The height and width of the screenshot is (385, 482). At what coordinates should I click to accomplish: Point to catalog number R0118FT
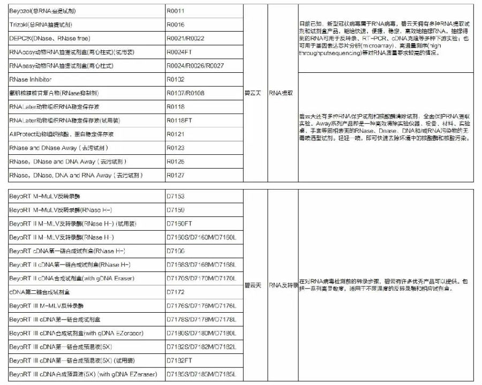pos(179,120)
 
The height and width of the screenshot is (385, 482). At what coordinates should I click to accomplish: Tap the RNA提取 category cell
pos(282,93)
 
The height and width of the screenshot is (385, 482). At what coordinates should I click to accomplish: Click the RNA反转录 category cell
pos(283,285)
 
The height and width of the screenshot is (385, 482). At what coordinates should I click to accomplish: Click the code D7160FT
pos(179,223)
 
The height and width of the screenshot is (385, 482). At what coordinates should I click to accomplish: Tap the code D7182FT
pos(179,360)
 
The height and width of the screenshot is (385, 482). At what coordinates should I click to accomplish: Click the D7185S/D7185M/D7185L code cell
pos(201,374)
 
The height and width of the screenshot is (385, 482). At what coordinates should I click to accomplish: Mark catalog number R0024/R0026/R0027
pos(195,65)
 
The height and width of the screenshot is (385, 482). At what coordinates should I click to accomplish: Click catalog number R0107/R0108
pos(185,93)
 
